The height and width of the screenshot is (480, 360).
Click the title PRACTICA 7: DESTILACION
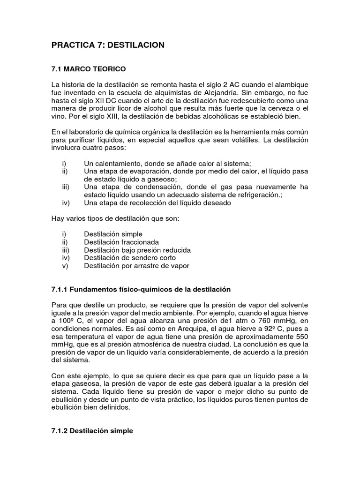click(x=108, y=45)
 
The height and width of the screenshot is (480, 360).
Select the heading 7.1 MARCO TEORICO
click(x=88, y=69)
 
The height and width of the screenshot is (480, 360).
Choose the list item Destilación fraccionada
click(x=121, y=242)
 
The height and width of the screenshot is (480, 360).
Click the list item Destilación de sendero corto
click(x=130, y=258)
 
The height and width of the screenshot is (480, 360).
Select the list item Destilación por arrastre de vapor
click(x=136, y=266)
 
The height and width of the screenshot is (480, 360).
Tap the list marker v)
click(x=65, y=266)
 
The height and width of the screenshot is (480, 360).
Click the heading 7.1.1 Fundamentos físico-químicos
click(x=141, y=289)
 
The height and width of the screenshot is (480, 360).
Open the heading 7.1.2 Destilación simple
click(x=92, y=431)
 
